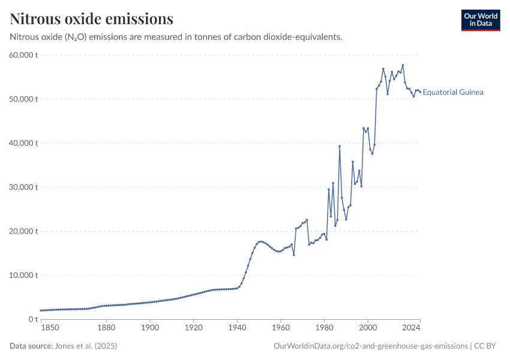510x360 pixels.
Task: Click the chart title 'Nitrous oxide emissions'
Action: pyautogui.click(x=92, y=19)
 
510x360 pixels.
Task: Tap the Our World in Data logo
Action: pyautogui.click(x=480, y=20)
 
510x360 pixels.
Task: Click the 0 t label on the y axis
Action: pyautogui.click(x=33, y=319)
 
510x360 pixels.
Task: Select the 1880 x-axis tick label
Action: pyautogui.click(x=106, y=328)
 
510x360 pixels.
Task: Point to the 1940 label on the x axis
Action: pyautogui.click(x=237, y=328)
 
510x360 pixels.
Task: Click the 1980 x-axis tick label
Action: pyautogui.click(x=324, y=328)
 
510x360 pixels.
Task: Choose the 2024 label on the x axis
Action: pyautogui.click(x=411, y=328)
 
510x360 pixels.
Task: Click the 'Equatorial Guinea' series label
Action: pyautogui.click(x=453, y=92)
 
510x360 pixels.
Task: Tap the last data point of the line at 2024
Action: pyautogui.click(x=420, y=91)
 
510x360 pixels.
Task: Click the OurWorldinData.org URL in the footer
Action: pyautogui.click(x=370, y=346)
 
